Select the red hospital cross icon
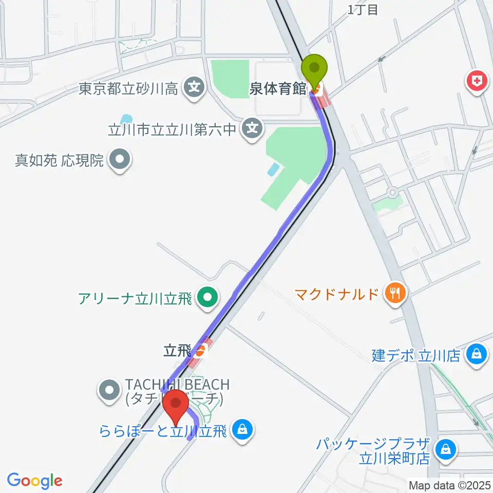(477, 81)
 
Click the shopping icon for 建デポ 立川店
(477, 354)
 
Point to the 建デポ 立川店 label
(416, 355)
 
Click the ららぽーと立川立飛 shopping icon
(242, 428)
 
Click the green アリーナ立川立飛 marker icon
(207, 297)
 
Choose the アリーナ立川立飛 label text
(135, 297)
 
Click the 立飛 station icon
(201, 351)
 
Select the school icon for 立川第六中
(252, 129)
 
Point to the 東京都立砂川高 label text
(128, 89)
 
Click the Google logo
(34, 481)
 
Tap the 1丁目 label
(362, 9)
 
